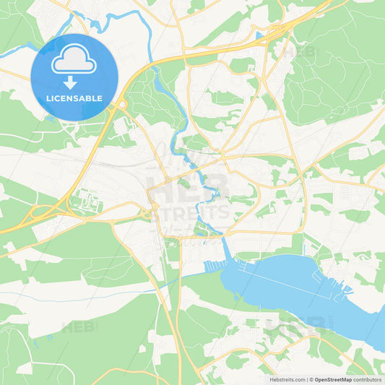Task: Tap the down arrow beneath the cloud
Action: tap(71, 84)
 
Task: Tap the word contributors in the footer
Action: tap(367, 379)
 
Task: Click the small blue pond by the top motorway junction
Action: tap(259, 34)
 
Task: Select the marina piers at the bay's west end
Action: tap(215, 267)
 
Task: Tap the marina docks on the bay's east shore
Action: tap(339, 293)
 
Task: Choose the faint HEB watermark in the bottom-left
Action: tap(78, 326)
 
